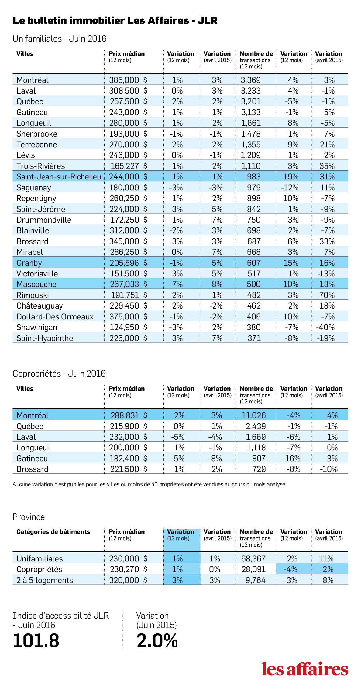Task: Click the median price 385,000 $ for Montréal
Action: pyautogui.click(x=128, y=80)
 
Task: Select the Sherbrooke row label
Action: pyautogui.click(x=37, y=134)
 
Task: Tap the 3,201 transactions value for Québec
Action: pyautogui.click(x=251, y=101)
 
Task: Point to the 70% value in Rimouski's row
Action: pyautogui.click(x=327, y=295)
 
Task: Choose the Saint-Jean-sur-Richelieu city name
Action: pyautogui.click(x=59, y=177)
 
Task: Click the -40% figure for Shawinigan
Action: pyautogui.click(x=325, y=327)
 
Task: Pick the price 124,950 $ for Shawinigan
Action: pyautogui.click(x=129, y=327)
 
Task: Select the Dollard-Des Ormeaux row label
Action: pyautogui.click(x=55, y=317)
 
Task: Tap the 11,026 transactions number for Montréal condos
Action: pyautogui.click(x=253, y=415)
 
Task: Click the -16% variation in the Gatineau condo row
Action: pyautogui.click(x=292, y=459)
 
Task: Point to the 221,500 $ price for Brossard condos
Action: pyautogui.click(x=129, y=469)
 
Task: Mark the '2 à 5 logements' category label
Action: pyautogui.click(x=45, y=580)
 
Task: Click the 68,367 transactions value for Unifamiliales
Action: pyautogui.click(x=253, y=559)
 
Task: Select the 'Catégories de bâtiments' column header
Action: pyautogui.click(x=53, y=532)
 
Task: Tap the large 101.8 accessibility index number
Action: pyautogui.click(x=36, y=640)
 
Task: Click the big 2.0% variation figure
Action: pyautogui.click(x=157, y=640)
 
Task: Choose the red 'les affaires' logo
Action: pyautogui.click(x=305, y=669)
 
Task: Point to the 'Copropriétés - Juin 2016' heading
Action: pyautogui.click(x=59, y=374)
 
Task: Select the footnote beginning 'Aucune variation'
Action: pyautogui.click(x=149, y=484)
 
